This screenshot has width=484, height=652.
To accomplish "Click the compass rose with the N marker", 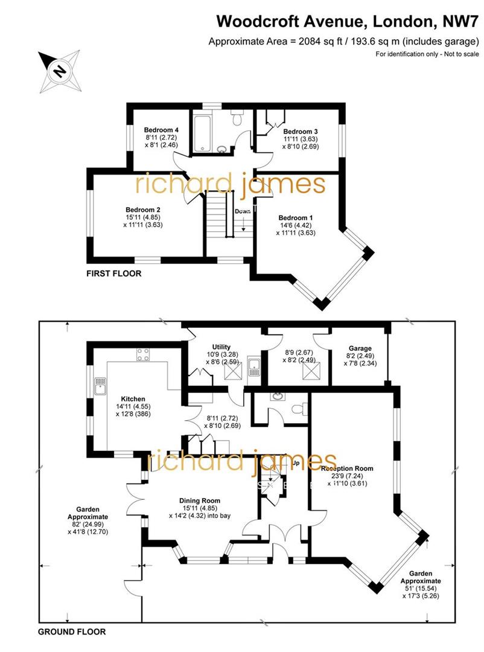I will point(59,70).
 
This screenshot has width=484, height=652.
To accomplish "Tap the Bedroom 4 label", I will point(161,130).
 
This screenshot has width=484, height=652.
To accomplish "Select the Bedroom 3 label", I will point(300,132).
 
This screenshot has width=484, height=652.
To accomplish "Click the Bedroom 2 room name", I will point(142,210).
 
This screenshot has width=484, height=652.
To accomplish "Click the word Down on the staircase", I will point(243,211).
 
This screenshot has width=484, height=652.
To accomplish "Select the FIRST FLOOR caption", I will point(114,273).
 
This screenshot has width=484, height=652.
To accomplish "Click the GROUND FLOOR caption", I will point(72,632).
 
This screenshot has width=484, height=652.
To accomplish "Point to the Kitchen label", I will point(133,399).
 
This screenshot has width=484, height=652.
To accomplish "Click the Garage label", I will point(360,348).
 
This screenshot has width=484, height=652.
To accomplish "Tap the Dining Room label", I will point(200,500).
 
